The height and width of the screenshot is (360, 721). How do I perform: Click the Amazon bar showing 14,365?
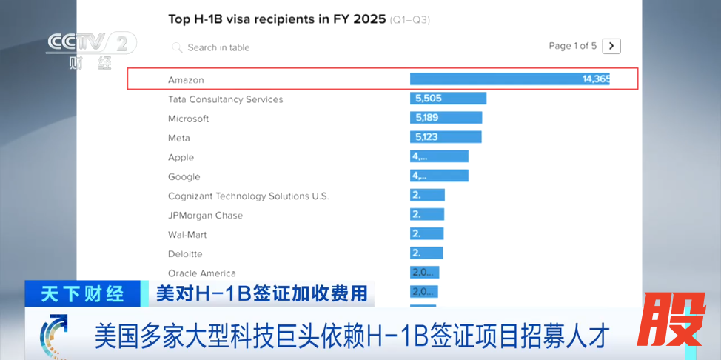coord(510,79)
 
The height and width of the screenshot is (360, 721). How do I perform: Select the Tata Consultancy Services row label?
coord(225,99)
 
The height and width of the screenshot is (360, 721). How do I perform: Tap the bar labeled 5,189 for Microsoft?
coord(446,118)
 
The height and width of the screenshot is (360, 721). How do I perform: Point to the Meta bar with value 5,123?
coord(446,137)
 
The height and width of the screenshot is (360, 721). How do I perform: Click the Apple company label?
coord(181,157)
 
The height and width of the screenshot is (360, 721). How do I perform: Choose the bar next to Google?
coord(439,176)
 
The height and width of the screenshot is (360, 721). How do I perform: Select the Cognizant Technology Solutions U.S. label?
coord(248,196)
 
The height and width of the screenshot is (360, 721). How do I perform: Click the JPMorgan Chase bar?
coord(427,214)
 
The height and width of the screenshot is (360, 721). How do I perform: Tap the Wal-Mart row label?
coord(187,235)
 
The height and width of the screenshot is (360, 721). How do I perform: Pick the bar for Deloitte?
coord(426,253)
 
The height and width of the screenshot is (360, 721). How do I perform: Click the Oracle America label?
coord(201,273)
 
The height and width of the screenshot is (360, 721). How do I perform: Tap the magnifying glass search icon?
coord(177,47)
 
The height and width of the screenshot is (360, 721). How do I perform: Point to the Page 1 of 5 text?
coord(572,46)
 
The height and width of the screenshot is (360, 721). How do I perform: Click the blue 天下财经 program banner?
coord(82,293)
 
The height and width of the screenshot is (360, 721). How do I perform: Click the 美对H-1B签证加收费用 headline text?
coord(261,293)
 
